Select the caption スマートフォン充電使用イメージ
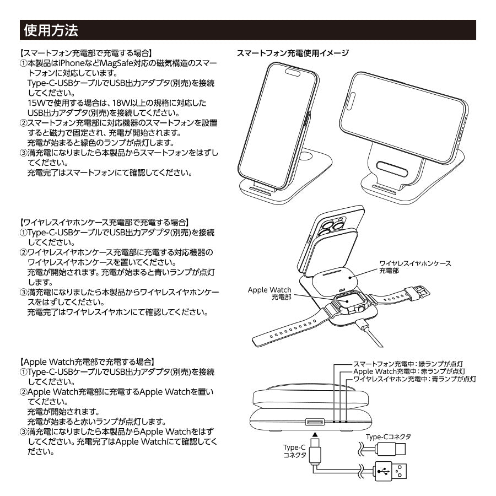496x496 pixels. [x=292, y=53]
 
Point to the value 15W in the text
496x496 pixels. [x=37, y=103]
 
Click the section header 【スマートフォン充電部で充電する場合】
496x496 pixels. [x=84, y=53]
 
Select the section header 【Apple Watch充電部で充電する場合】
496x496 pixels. [x=87, y=362]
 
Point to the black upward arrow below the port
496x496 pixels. [x=314, y=435]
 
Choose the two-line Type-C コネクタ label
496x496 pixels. [x=294, y=451]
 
